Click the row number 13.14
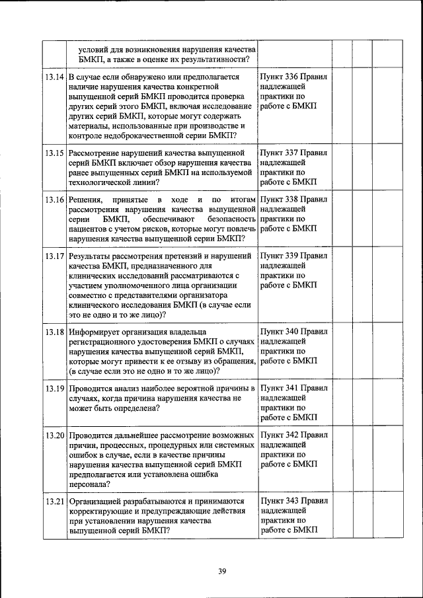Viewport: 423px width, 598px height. point(55,77)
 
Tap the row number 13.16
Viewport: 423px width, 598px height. point(55,200)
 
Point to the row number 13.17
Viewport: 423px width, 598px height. point(55,256)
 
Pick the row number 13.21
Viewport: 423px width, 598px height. point(55,502)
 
